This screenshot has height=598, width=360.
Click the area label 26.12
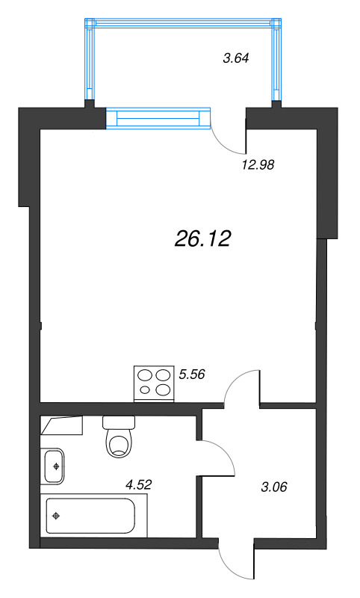pos(203,238)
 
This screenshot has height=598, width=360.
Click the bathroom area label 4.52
pos(139,484)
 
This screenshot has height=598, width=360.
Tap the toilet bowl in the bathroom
pos(120,443)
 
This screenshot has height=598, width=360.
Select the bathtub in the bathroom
pos(90,516)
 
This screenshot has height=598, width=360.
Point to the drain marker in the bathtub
pos(57,516)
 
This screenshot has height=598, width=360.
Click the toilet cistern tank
pos(118,422)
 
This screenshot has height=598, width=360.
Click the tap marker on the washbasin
pos(56,466)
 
